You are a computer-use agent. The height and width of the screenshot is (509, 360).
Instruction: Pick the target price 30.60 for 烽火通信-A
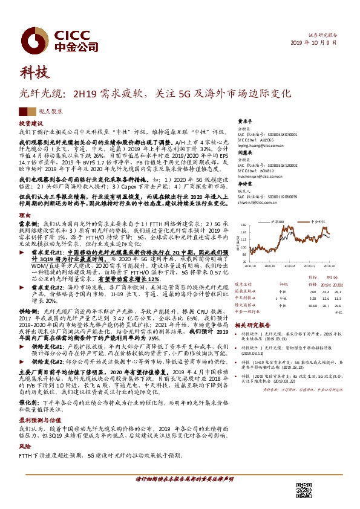310,305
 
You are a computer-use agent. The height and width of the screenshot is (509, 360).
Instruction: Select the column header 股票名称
244,284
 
